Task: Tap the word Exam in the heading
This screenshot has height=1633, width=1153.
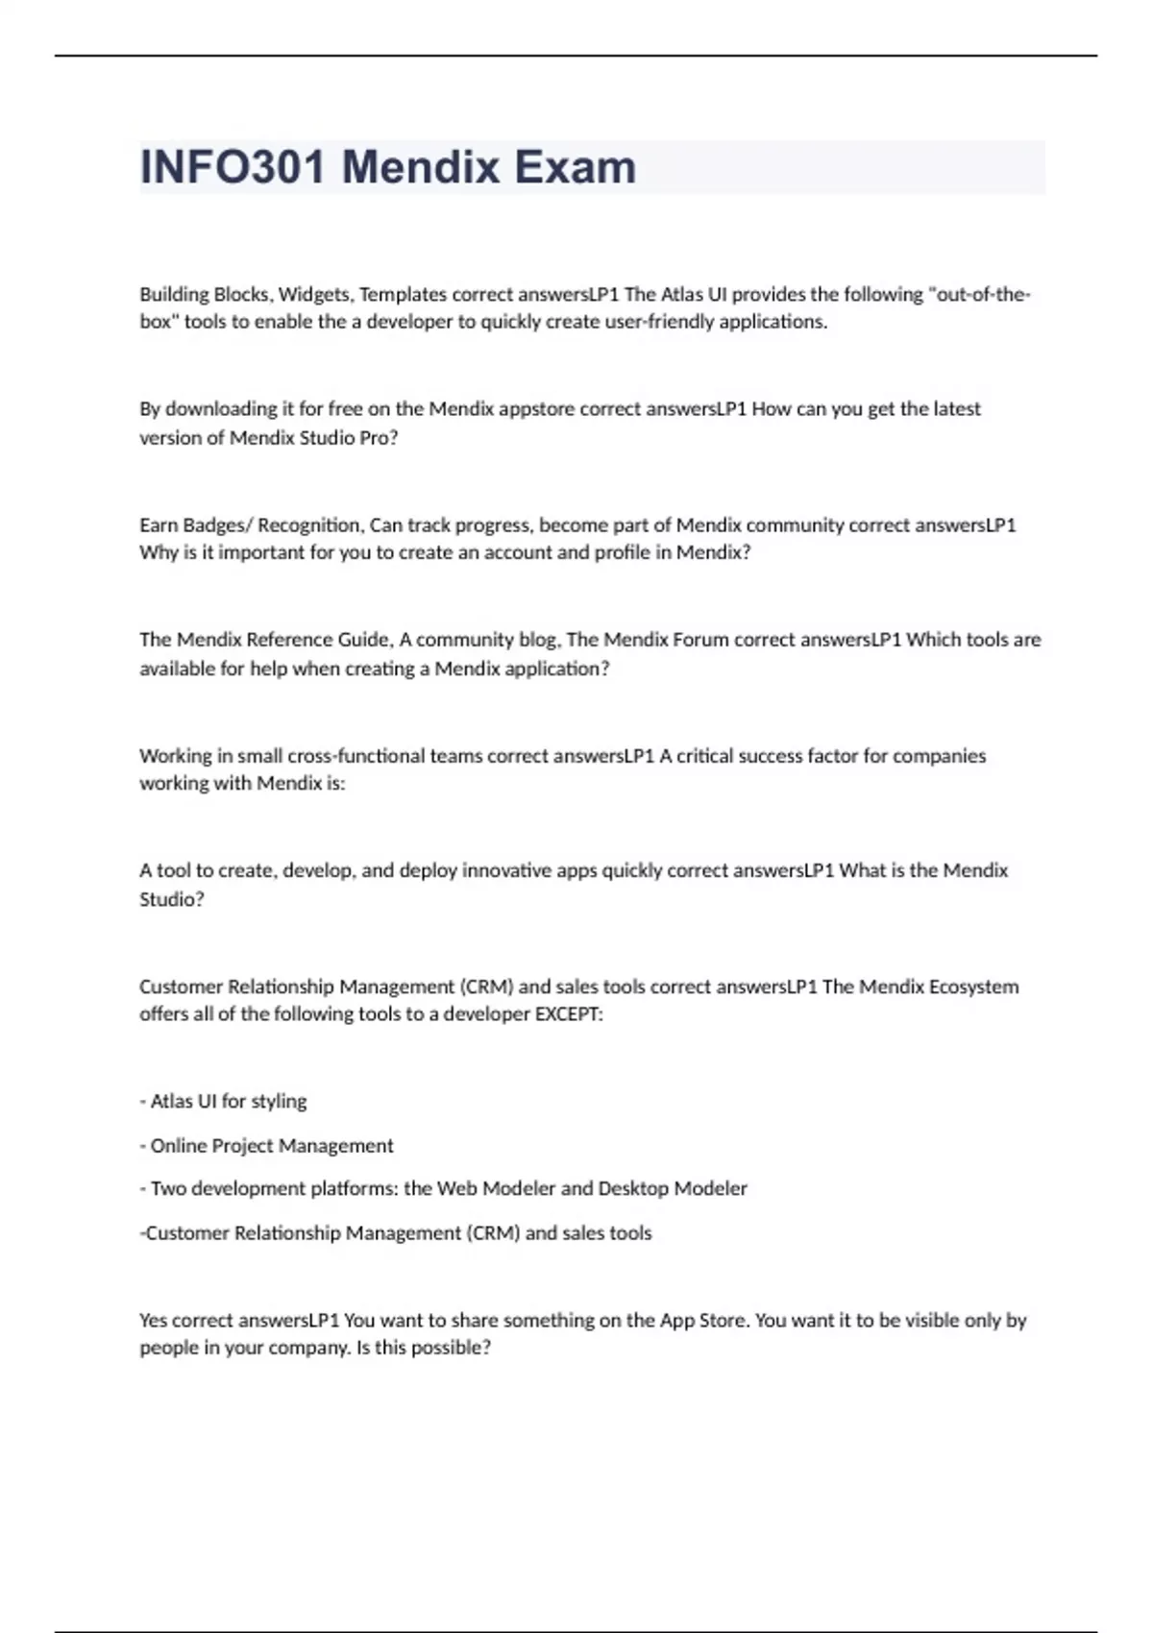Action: (575, 167)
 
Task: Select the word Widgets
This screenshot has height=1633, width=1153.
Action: (314, 294)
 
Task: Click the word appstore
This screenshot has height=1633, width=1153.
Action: (536, 409)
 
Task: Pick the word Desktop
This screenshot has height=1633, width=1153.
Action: (633, 1188)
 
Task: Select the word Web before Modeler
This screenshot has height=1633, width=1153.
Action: (457, 1188)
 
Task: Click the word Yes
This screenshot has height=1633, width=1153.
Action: (154, 1320)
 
